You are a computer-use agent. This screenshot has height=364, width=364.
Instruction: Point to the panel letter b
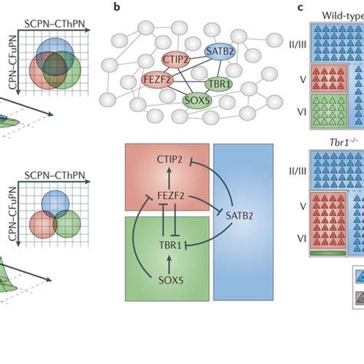point(115,7)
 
